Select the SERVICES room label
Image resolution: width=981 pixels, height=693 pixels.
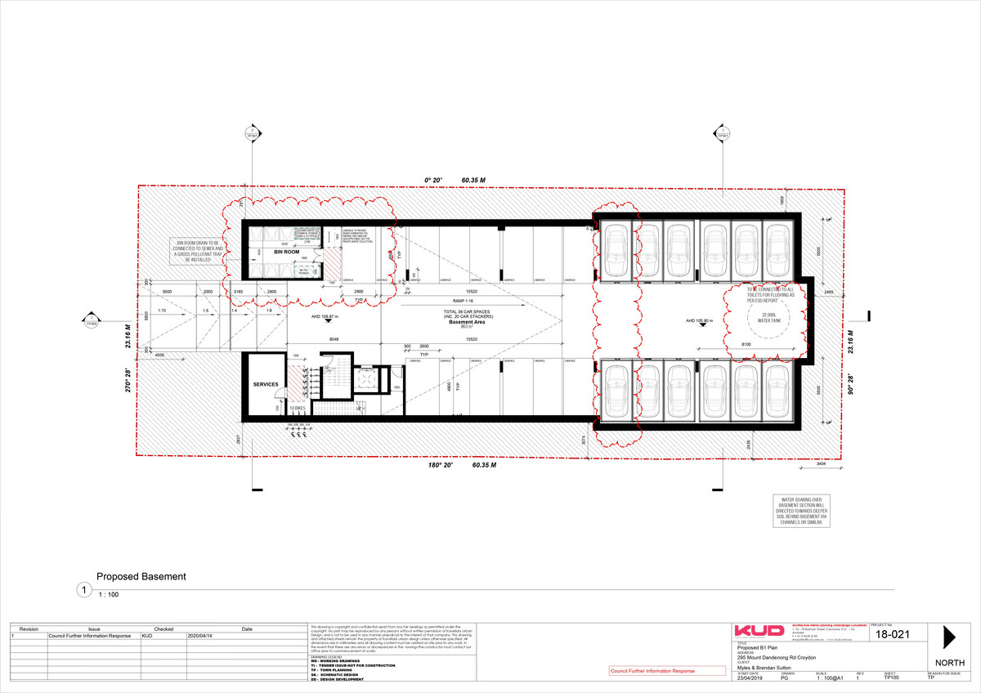click(x=266, y=384)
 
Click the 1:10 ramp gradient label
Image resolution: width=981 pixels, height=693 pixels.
click(x=162, y=311)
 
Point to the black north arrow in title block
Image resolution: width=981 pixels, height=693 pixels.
click(x=949, y=637)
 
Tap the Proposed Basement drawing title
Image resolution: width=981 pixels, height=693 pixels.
click(x=141, y=576)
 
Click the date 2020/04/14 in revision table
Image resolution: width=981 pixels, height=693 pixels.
click(x=199, y=635)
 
